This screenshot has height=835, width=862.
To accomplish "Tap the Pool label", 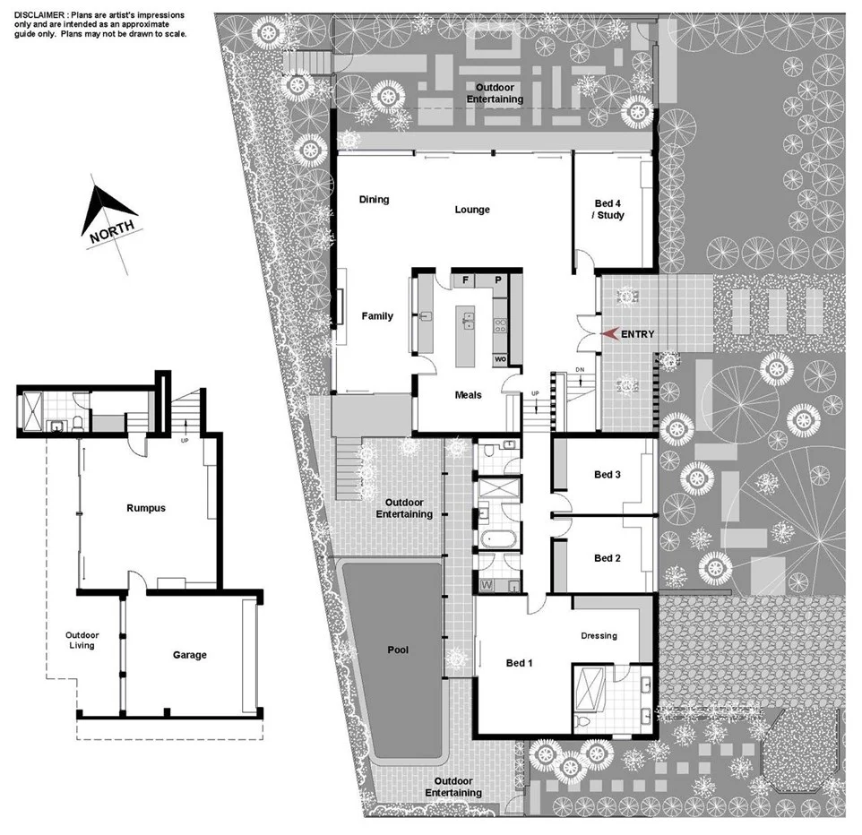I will [398, 650].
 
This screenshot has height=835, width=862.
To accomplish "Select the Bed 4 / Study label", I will [609, 209].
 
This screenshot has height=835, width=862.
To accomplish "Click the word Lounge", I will [472, 210].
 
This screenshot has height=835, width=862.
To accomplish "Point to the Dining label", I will [374, 199].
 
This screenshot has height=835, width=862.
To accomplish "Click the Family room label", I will [377, 315].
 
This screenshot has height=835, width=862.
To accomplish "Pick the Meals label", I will [467, 394].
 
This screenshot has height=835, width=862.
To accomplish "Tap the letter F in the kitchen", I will [466, 280].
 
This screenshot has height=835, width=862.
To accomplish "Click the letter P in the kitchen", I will [498, 280].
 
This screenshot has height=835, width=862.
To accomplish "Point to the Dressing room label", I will [599, 636].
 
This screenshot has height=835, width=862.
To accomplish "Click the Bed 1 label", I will [520, 663].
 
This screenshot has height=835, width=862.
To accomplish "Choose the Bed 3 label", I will [608, 474].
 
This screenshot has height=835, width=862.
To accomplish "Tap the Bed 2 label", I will [608, 558].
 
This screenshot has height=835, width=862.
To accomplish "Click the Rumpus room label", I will [145, 508].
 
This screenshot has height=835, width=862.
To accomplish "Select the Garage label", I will [189, 655].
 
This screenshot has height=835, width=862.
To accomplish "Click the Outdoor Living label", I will [82, 640].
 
